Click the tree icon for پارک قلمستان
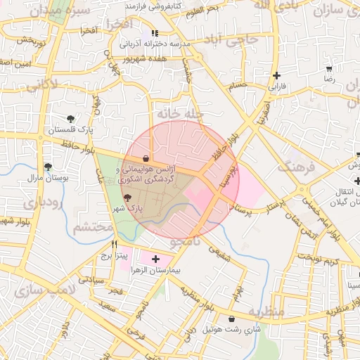[x=70, y=119]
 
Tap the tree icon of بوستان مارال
[x=48, y=167]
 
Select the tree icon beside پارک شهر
[x=127, y=199]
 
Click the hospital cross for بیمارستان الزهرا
[x=155, y=259]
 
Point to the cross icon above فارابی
[x=277, y=76]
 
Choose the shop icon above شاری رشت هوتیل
[x=231, y=319]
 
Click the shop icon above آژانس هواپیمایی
[x=146, y=158]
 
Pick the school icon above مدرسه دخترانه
[x=155, y=33]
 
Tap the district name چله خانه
[x=179, y=113]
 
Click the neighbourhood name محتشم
[x=94, y=227]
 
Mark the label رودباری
[x=43, y=203]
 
